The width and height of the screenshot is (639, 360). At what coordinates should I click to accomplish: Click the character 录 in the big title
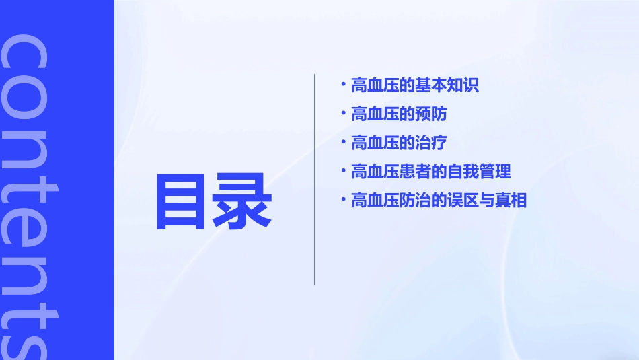click(x=243, y=201)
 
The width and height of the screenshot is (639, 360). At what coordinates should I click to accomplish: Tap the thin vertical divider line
click(x=315, y=179)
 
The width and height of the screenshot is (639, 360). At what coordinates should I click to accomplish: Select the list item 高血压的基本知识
click(x=414, y=85)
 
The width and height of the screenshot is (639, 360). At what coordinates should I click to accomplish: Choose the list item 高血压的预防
click(x=399, y=114)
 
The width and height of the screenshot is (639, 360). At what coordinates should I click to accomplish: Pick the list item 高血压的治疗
click(x=399, y=143)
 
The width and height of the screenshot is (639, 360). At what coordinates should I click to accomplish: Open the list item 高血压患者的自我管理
click(x=430, y=172)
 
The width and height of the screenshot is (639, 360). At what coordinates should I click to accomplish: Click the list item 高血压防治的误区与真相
click(x=439, y=201)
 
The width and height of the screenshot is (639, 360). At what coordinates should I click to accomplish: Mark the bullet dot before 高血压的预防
click(x=344, y=113)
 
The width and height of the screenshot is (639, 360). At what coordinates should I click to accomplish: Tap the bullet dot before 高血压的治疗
click(x=344, y=142)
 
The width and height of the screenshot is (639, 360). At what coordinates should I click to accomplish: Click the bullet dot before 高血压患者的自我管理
click(x=344, y=170)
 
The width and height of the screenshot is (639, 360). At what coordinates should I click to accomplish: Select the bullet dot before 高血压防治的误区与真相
click(x=344, y=199)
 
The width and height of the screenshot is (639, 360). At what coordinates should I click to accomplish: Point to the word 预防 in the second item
click(x=431, y=114)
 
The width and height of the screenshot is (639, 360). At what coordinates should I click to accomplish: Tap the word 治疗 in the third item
click(x=431, y=143)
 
